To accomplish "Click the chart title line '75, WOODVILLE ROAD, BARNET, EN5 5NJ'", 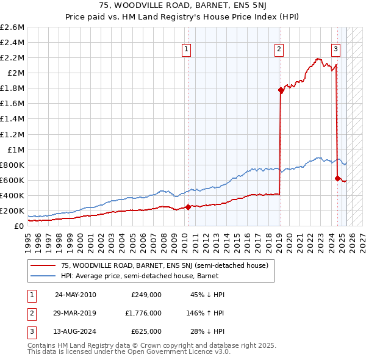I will pos(182,6).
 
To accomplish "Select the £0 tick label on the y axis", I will pos(19,226).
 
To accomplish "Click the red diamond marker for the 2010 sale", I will pos(188,207).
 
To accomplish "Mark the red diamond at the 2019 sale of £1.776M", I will pos(281,90).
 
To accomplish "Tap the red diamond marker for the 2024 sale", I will pos(337,178).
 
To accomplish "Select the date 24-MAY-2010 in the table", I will pos(76,294).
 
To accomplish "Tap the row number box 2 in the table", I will pos(31,313).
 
